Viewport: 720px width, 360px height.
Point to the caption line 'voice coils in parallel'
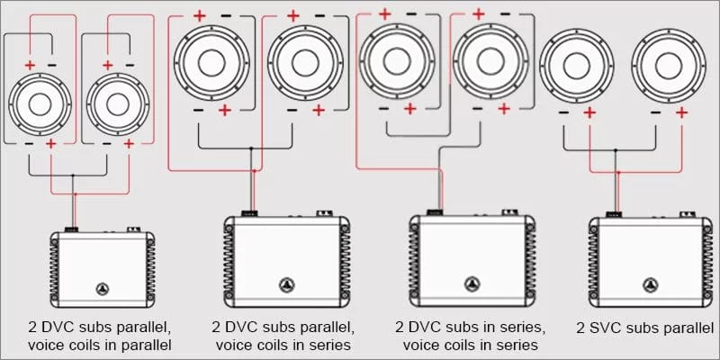tap(101, 345)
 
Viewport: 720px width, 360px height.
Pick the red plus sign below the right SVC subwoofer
tap(681, 112)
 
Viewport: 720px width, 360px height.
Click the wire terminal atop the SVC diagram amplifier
tap(615, 214)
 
